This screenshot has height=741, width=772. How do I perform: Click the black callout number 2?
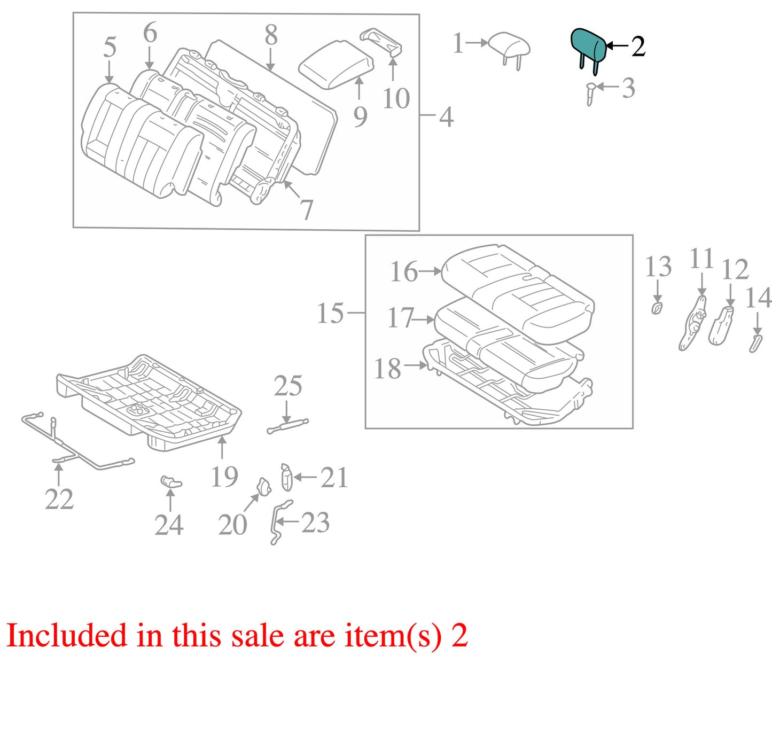637,46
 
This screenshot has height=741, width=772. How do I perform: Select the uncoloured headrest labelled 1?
509,46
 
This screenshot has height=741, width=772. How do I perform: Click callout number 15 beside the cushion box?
330,313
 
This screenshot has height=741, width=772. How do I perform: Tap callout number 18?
387,369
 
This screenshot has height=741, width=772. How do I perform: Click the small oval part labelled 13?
657,308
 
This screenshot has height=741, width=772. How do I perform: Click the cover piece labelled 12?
721,326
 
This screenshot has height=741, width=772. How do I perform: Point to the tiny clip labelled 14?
755,343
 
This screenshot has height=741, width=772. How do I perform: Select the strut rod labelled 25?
288,425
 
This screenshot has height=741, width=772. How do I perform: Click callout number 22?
59,499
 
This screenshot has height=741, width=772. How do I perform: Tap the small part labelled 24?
171,481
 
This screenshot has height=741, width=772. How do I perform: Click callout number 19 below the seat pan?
224,477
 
